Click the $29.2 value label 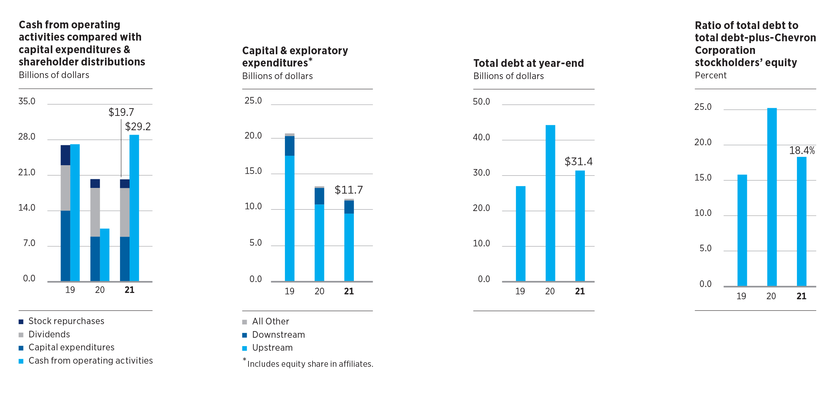pyautogui.click(x=138, y=127)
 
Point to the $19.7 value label pyautogui.click(x=121, y=112)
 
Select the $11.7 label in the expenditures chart pyautogui.click(x=349, y=190)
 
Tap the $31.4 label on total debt pyautogui.click(x=579, y=162)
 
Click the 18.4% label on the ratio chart pyautogui.click(x=802, y=151)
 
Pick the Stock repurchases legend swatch pyautogui.click(x=21, y=322)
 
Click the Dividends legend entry pyautogui.click(x=49, y=335)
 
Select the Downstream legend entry pyautogui.click(x=278, y=335)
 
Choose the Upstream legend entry pyautogui.click(x=272, y=348)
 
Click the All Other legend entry pyautogui.click(x=271, y=322)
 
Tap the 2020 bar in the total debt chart pyautogui.click(x=550, y=203)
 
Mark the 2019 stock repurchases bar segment pyautogui.click(x=65, y=155)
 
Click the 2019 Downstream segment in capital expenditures pyautogui.click(x=289, y=146)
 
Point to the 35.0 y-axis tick pyautogui.click(x=27, y=101)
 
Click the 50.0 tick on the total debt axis pyautogui.click(x=481, y=102)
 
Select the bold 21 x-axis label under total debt pyautogui.click(x=580, y=291)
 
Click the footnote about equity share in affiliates pyautogui.click(x=310, y=364)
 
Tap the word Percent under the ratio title pyautogui.click(x=710, y=76)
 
